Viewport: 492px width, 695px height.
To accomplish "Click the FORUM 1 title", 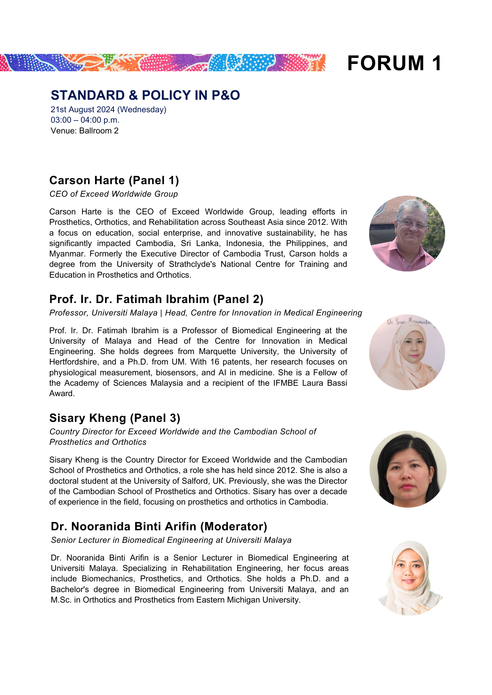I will [394, 63].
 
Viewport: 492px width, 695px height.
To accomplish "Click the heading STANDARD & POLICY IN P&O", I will [145, 95].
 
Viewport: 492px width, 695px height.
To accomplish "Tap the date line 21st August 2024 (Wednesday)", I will [109, 109].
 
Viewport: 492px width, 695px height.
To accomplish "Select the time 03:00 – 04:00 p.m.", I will [85, 120].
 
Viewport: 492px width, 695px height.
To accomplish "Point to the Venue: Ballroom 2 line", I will [85, 131].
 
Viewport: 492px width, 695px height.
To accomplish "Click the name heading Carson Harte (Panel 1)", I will [114, 180].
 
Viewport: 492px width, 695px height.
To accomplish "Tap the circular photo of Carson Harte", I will [407, 234].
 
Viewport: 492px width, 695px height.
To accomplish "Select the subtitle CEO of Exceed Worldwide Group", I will [113, 194].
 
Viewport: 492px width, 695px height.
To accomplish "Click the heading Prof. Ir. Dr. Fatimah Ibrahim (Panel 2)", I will [156, 299].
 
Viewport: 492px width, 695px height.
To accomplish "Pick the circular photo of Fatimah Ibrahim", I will [407, 352].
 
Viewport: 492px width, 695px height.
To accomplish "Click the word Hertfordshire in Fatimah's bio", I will [73, 362].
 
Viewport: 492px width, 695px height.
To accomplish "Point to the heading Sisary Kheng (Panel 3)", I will [115, 418].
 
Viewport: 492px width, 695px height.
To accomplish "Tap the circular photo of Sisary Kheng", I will [407, 469].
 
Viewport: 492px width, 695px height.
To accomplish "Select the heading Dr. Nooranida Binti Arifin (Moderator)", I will [159, 526].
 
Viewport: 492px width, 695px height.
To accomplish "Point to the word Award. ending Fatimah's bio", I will [62, 394].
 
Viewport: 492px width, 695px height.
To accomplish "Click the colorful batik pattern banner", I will [162, 63].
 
